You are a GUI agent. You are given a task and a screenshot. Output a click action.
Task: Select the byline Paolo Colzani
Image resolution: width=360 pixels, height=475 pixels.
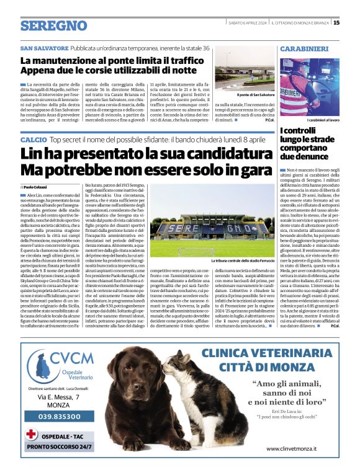click(x=37, y=187)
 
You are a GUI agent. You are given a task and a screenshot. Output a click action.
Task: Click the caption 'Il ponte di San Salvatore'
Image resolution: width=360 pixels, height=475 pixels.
click(x=255, y=94)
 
